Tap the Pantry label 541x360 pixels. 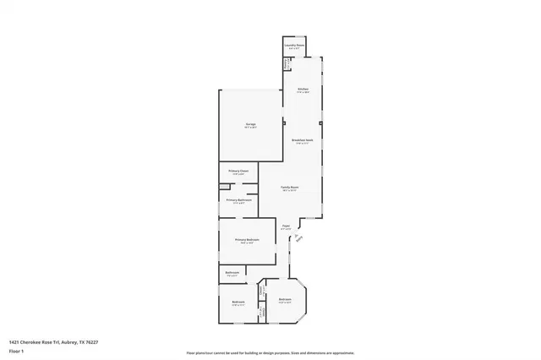[287, 63]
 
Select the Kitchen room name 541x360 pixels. [302, 89]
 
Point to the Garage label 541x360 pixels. [250, 124]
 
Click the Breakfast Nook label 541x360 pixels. [302, 140]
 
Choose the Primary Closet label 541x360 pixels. [238, 171]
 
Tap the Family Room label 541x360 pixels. [290, 186]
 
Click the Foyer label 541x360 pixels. [286, 226]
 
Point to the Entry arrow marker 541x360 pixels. [298, 237]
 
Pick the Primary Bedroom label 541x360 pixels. [247, 240]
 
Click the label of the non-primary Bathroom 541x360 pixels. [232, 272]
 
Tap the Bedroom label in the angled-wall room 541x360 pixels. [285, 299]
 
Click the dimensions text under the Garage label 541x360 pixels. [250, 128]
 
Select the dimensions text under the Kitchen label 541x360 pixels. [302, 93]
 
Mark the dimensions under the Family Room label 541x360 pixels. [290, 190]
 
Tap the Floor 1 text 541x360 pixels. [15, 349]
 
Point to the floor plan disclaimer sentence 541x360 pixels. [270, 352]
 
